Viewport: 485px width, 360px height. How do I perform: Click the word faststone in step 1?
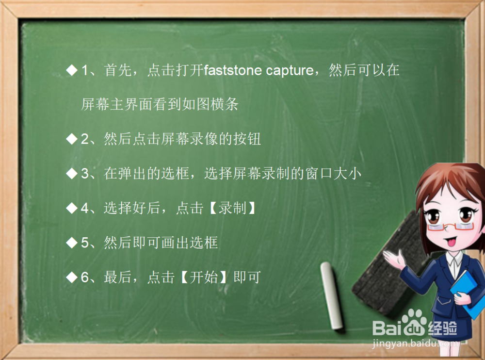tap(233, 70)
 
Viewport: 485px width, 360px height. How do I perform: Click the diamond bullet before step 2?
tap(72, 139)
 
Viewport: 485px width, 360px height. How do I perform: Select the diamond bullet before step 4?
tap(72, 208)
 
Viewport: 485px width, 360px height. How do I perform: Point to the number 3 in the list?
tap(85, 174)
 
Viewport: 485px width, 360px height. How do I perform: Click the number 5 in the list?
tap(85, 243)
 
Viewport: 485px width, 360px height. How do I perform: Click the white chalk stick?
tap(331, 295)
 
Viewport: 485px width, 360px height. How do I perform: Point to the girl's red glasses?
tap(451, 226)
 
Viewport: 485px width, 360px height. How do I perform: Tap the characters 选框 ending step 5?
tap(204, 243)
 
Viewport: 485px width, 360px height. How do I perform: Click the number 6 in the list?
tap(85, 278)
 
